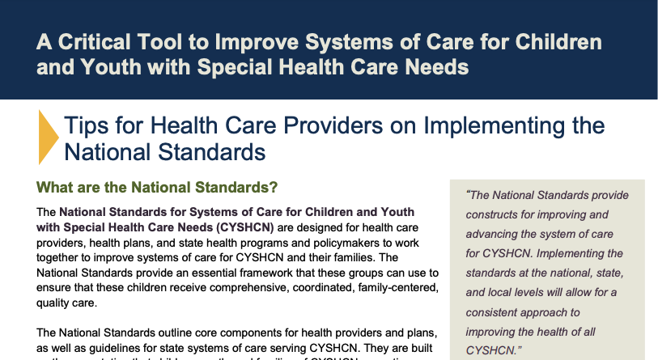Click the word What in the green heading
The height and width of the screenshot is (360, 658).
57,188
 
